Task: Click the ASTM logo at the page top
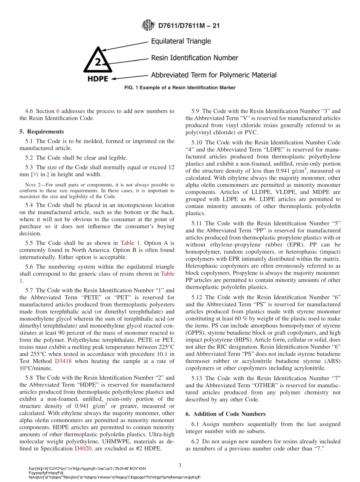click(148, 25)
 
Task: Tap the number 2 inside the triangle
click(98, 62)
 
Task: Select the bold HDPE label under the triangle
click(98, 79)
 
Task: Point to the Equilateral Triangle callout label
click(181, 41)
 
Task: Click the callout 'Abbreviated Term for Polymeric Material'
click(213, 75)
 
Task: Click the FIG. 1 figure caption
click(180, 88)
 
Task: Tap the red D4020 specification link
click(82, 449)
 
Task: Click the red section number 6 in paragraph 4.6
click(58, 111)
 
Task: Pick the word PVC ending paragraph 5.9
click(251, 132)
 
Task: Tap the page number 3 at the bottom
click(180, 465)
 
